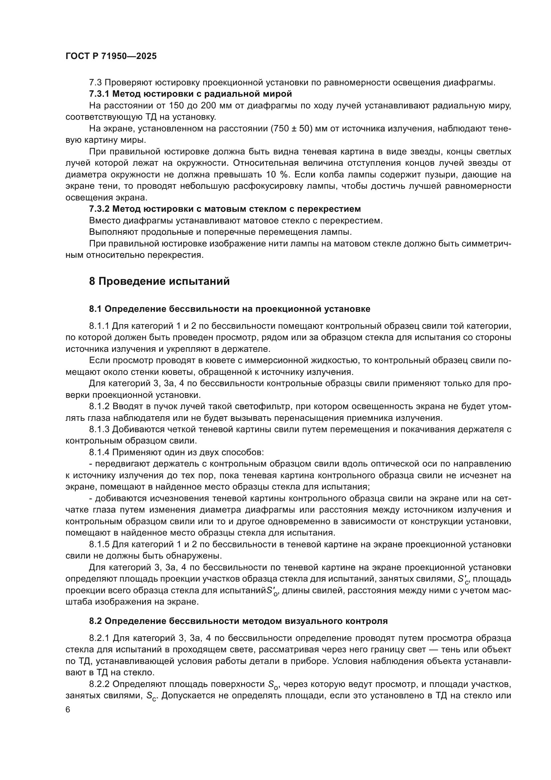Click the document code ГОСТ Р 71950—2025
(111, 56)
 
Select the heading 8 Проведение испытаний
(160, 281)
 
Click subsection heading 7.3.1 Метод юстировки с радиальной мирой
(190, 93)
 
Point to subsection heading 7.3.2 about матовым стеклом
(225, 208)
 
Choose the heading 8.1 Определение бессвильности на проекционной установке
(229, 309)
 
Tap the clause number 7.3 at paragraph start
(95, 82)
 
